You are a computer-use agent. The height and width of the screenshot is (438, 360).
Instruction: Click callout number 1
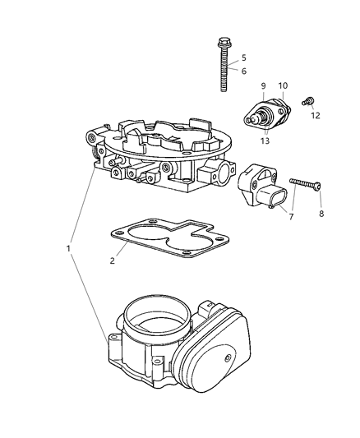click(69, 247)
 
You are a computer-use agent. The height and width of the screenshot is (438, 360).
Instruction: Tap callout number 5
click(243, 58)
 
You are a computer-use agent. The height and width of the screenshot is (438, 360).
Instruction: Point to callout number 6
click(243, 71)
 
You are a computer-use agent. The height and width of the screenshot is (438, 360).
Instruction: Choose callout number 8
click(321, 214)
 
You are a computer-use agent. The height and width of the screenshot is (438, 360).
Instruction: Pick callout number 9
click(264, 85)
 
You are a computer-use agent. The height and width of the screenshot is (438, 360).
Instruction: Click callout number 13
click(264, 141)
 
